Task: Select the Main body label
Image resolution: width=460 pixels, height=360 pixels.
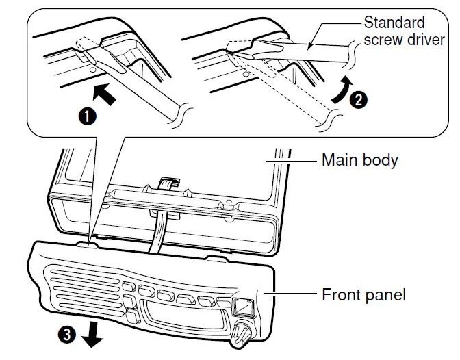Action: click(359, 162)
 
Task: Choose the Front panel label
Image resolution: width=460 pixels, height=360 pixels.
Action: click(363, 295)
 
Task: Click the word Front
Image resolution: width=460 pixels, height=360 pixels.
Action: click(340, 295)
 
